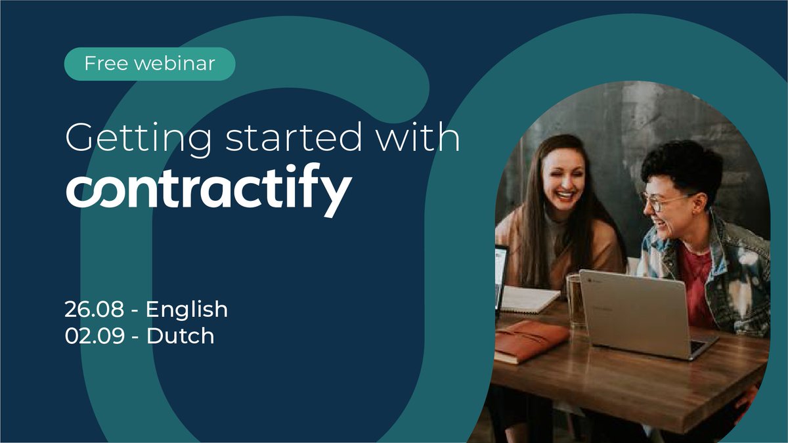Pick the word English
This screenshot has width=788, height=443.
click(186, 310)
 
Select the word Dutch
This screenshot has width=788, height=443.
click(180, 336)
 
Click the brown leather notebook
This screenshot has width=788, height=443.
click(531, 339)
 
